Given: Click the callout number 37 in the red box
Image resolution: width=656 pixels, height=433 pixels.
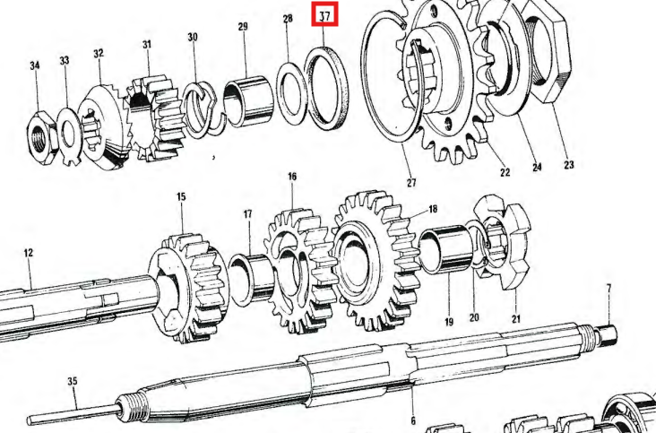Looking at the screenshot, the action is pyautogui.click(x=324, y=16).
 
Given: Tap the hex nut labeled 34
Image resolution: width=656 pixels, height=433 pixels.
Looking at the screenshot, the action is pyautogui.click(x=40, y=134).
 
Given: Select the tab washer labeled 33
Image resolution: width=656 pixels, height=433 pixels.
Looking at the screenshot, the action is pyautogui.click(x=69, y=136).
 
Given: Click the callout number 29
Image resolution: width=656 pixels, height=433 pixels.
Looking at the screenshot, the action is pyautogui.click(x=243, y=27).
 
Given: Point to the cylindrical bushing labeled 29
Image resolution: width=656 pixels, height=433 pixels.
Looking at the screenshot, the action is pyautogui.click(x=248, y=101).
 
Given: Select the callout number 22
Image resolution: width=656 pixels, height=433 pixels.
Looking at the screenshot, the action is pyautogui.click(x=505, y=172).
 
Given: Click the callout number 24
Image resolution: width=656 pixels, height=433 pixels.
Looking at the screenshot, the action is pyautogui.click(x=537, y=168).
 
